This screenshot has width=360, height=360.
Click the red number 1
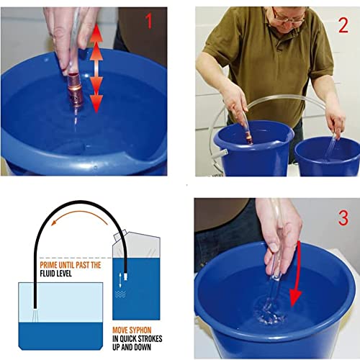[x=149, y=21]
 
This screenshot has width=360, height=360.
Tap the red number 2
[x=343, y=25]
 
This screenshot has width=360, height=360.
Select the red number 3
[x=343, y=218]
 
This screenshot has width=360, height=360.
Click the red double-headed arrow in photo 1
[x=96, y=68]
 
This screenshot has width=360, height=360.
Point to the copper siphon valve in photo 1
[x=74, y=91]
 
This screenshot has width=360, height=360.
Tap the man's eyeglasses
[x=289, y=17]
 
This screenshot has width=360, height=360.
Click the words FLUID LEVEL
[x=55, y=274]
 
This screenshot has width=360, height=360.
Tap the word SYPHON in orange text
[x=141, y=330]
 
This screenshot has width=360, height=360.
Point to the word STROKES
[x=150, y=338]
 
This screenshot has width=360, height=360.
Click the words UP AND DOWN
[x=132, y=347]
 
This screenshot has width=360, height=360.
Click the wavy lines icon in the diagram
[x=120, y=294]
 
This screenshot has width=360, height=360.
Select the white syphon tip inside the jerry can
[x=125, y=276]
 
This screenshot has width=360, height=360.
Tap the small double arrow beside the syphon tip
[x=120, y=280]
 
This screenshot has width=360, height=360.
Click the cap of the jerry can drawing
[x=119, y=235]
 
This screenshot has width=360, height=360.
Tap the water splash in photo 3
[x=269, y=312]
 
